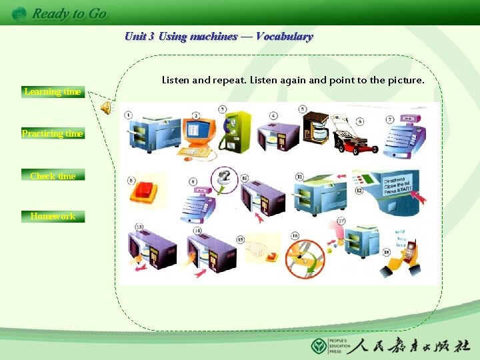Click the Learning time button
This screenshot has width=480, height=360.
[x=53, y=92]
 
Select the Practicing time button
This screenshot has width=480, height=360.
[x=53, y=134]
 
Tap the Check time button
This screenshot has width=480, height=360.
[x=53, y=176]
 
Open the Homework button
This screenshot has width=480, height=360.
[x=53, y=216]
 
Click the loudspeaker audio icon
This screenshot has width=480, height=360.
[x=106, y=107]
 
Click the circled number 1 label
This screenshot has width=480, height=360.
[x=127, y=115]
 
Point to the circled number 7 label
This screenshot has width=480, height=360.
[x=390, y=119]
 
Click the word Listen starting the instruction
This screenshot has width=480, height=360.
[x=175, y=81]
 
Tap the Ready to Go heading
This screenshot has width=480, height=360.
[x=69, y=13]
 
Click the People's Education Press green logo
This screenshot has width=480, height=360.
[x=319, y=346]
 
